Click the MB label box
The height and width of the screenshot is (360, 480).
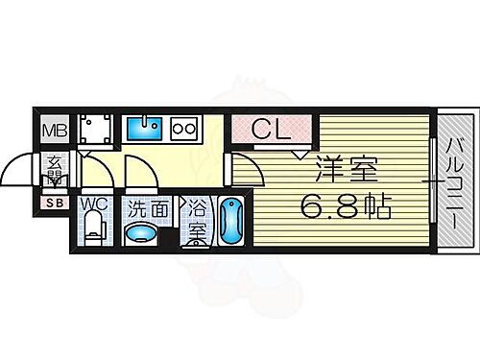click(52, 129)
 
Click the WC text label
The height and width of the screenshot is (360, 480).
click(94, 204)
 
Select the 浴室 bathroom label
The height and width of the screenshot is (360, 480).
click(197, 221)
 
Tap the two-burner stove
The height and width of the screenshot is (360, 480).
click(184, 126)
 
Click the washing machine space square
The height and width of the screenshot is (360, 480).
click(95, 129)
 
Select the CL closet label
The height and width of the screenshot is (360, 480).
click(271, 128)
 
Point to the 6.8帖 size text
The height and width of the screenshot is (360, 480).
click(346, 204)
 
